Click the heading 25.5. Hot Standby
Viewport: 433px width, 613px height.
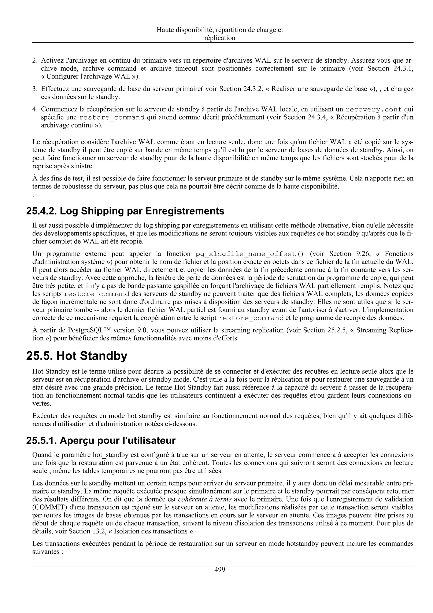pos(77,356)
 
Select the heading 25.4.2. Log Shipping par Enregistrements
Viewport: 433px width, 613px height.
pos(125,211)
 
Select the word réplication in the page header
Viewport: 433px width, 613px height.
pos(220,38)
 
